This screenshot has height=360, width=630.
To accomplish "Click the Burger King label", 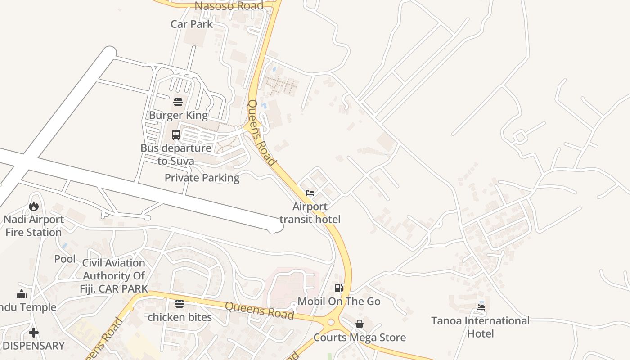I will [178, 115].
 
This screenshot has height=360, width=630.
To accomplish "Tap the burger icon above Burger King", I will [178, 102].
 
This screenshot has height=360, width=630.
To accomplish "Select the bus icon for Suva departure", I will [176, 135].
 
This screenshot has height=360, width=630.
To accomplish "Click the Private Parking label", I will [202, 178].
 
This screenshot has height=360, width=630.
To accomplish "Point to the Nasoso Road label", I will [229, 6].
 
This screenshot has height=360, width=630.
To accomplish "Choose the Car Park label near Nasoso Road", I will [192, 24].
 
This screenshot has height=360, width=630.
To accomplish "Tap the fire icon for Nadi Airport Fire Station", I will [34, 207].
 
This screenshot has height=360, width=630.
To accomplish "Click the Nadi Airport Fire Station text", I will [34, 226].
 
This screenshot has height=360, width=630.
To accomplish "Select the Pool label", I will [65, 259].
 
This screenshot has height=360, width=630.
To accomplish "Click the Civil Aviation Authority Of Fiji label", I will [114, 275].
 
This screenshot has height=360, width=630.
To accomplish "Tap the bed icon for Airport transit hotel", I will [310, 193].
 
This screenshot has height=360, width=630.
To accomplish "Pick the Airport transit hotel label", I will [310, 213].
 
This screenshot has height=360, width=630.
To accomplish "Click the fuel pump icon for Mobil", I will [339, 288].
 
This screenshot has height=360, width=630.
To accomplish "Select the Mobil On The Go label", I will [339, 301].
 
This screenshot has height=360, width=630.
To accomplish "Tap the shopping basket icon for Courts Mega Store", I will [360, 324].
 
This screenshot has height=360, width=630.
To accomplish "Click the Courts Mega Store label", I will [360, 337].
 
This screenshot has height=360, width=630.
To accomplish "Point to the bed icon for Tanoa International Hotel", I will [481, 307].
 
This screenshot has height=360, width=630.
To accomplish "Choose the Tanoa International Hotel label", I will [481, 327].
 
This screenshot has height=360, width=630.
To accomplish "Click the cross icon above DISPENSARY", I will [34, 333].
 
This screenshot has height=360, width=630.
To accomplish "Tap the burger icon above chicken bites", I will [180, 304].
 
